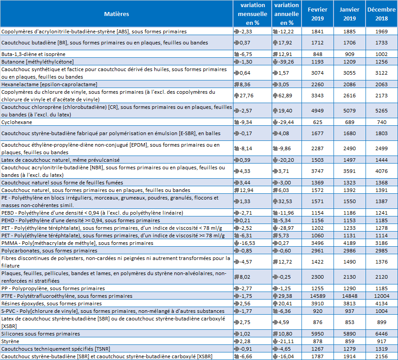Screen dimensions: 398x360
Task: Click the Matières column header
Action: (117, 14)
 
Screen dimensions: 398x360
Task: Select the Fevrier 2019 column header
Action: (318, 14)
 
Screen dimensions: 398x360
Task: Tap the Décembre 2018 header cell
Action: (382, 14)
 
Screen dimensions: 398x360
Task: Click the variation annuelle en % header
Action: (286, 14)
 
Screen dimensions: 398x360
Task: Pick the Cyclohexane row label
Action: (17, 122)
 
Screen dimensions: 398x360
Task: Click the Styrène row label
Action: (10, 341)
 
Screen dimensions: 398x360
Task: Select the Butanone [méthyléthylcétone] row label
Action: (37, 62)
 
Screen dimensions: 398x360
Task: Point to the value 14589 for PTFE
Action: (318, 296)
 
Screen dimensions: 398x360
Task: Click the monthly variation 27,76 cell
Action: (243, 96)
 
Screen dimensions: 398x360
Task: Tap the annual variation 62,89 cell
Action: (282, 96)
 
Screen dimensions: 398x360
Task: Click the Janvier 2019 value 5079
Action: (350, 111)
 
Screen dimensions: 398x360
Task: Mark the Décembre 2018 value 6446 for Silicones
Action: (382, 334)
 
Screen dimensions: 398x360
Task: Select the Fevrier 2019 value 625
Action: (318, 122)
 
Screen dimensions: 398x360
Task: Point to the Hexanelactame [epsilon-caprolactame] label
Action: (49, 84)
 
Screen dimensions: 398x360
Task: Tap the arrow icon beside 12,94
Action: (237, 190)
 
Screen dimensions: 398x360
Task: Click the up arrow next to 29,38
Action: (275, 296)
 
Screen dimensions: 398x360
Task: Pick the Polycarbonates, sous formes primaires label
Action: (49, 251)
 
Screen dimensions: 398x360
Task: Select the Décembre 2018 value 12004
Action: (382, 296)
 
